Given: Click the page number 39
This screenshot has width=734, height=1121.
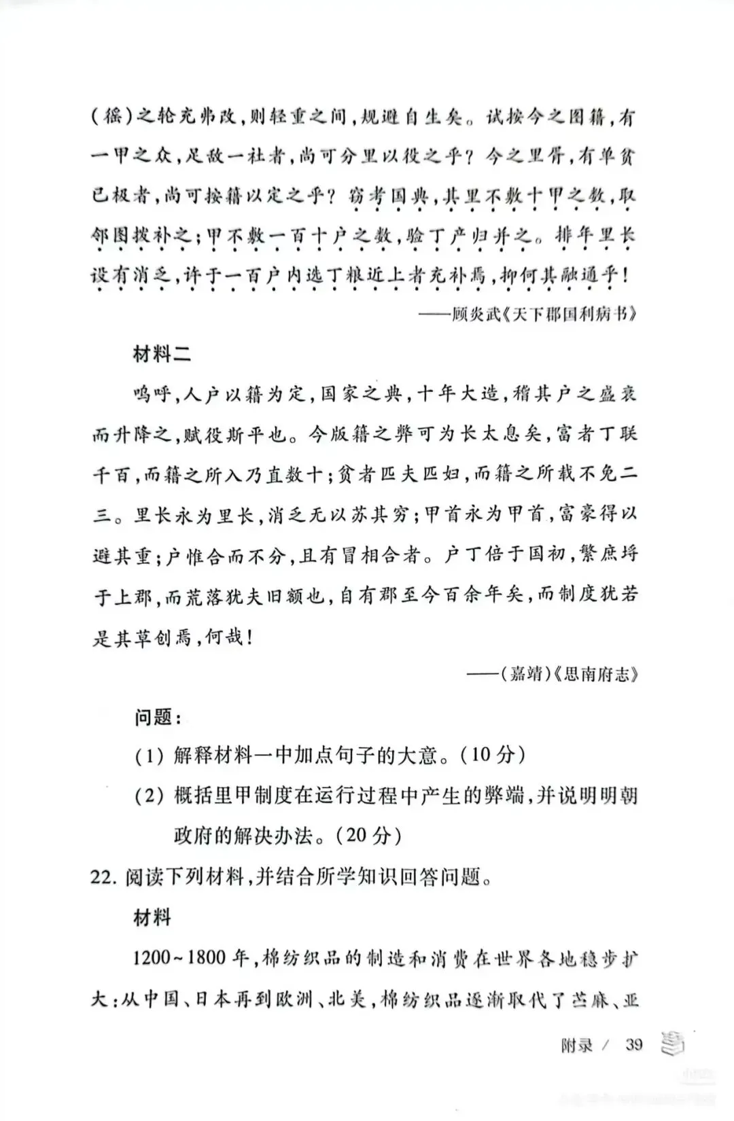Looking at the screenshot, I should click(x=633, y=1043).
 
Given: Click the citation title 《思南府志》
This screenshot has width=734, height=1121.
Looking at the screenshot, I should click(x=595, y=675).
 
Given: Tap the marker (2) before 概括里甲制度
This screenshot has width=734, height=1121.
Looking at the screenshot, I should click(x=149, y=796).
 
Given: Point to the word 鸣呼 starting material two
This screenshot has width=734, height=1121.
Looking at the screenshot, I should click(x=154, y=394).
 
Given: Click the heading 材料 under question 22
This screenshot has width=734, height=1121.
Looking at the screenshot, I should click(x=152, y=918).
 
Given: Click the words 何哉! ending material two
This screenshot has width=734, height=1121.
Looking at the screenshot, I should click(x=228, y=637).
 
